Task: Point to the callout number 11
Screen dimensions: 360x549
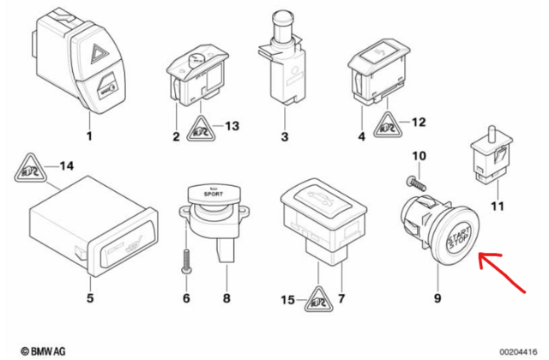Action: tap(498, 206)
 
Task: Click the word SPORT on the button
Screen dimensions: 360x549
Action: tap(214, 196)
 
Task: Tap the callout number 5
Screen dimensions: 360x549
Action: tap(89, 299)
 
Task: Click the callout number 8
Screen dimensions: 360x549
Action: tap(226, 299)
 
